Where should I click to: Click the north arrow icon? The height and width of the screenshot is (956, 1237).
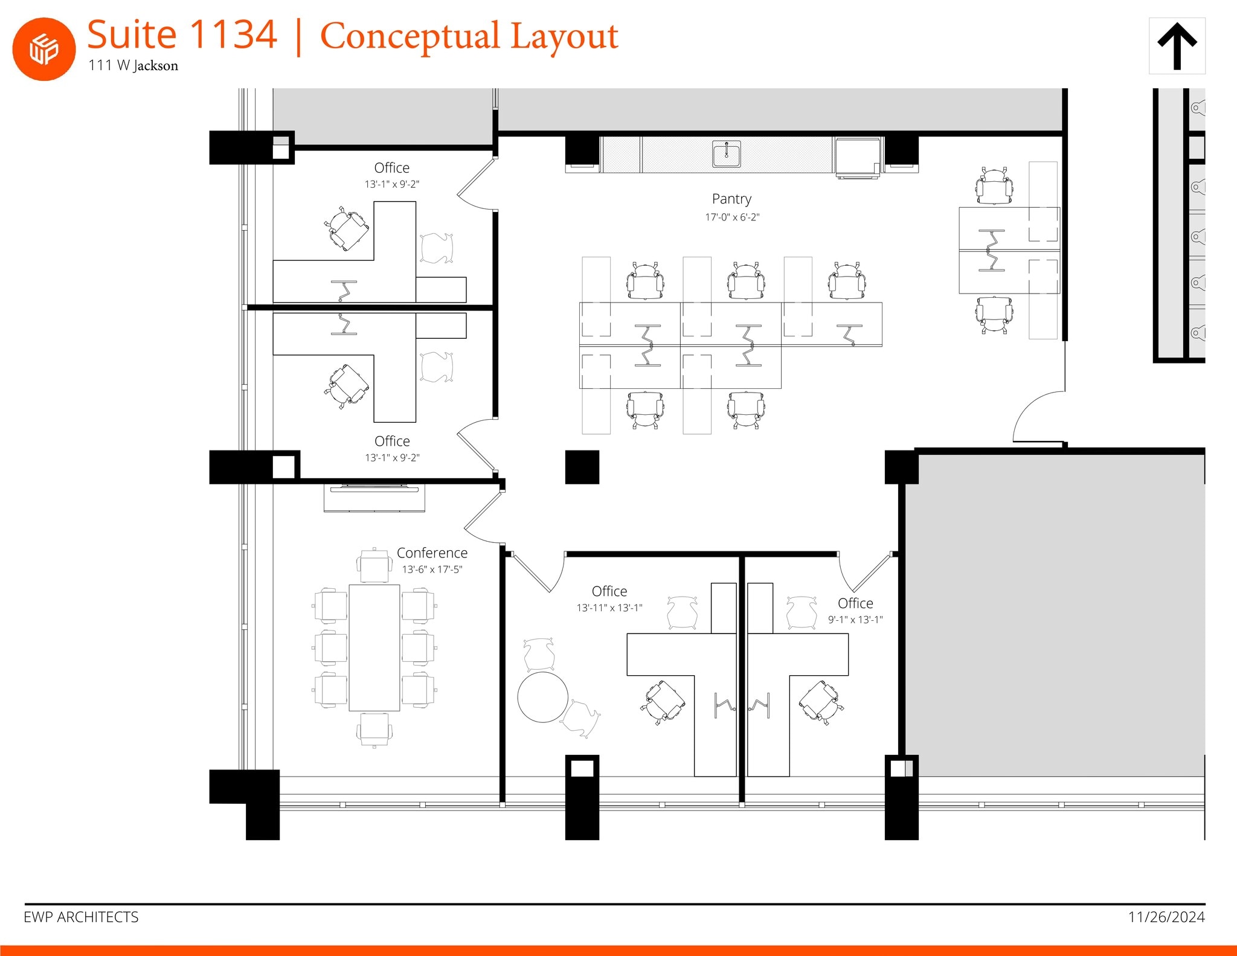coord(1177,46)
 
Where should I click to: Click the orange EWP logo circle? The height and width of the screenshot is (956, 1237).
coord(43,49)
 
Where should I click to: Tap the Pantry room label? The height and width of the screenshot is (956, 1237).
coord(731,199)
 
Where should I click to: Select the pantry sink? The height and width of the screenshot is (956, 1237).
coord(726,154)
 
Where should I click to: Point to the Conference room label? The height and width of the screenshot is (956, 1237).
coord(432,553)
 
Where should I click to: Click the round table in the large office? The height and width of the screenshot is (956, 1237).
coord(542,697)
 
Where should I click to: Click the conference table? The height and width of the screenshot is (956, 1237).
coord(374,647)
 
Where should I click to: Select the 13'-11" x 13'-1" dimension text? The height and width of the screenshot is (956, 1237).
coord(609,608)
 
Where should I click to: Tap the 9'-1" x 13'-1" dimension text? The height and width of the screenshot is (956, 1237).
coord(855,620)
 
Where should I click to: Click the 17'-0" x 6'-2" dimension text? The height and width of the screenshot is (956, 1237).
coord(731,217)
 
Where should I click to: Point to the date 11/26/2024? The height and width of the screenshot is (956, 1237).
coord(1166,917)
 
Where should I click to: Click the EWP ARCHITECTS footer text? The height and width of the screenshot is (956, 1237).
coord(81,917)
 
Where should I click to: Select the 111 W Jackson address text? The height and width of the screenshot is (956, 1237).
coord(133,65)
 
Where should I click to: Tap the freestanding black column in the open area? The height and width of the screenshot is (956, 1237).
coord(582,467)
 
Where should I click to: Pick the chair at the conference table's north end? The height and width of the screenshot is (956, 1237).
coord(374,566)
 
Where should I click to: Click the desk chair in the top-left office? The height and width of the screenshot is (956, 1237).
coord(348,228)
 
